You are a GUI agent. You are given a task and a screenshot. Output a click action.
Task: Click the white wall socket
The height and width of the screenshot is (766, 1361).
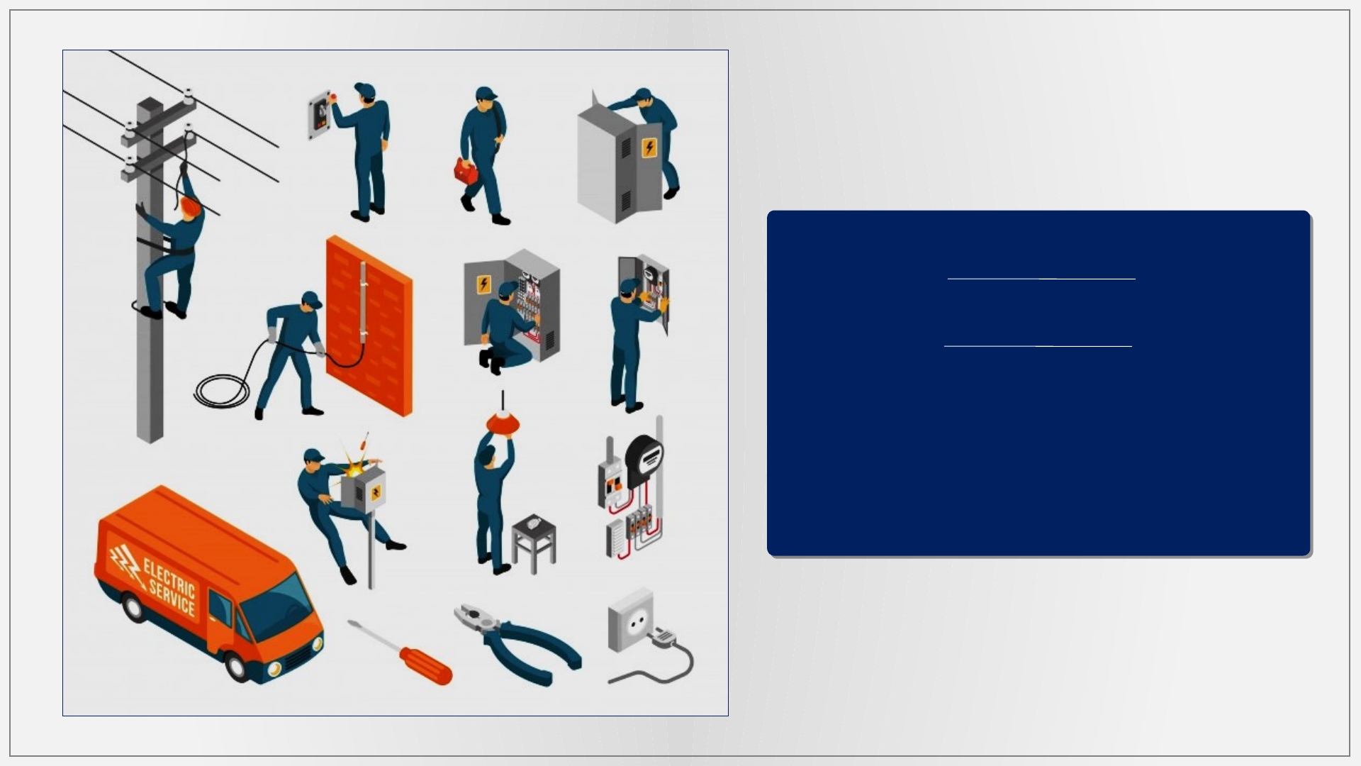pyautogui.click(x=630, y=620)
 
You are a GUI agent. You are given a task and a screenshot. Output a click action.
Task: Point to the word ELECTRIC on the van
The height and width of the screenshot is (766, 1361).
pyautogui.click(x=169, y=577)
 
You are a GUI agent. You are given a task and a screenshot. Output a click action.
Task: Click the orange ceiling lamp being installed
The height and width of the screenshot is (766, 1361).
pyautogui.click(x=503, y=424)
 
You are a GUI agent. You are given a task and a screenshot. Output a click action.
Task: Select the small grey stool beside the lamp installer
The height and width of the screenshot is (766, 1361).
pyautogui.click(x=534, y=543)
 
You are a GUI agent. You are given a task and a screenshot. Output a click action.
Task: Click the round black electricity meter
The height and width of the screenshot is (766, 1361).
pyautogui.click(x=644, y=460)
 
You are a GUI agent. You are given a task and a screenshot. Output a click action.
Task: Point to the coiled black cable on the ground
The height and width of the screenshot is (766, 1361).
pyautogui.click(x=222, y=391)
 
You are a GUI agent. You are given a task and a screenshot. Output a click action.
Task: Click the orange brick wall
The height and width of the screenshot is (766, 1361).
pyautogui.click(x=369, y=326)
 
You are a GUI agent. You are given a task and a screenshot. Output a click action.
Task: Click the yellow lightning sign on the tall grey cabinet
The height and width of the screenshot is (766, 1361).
pyautogui.click(x=649, y=148)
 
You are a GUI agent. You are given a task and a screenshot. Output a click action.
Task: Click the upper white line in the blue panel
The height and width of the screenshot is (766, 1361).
pyautogui.click(x=1041, y=279)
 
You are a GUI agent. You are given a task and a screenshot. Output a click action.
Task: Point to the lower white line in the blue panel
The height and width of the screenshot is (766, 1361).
pyautogui.click(x=1038, y=346)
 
